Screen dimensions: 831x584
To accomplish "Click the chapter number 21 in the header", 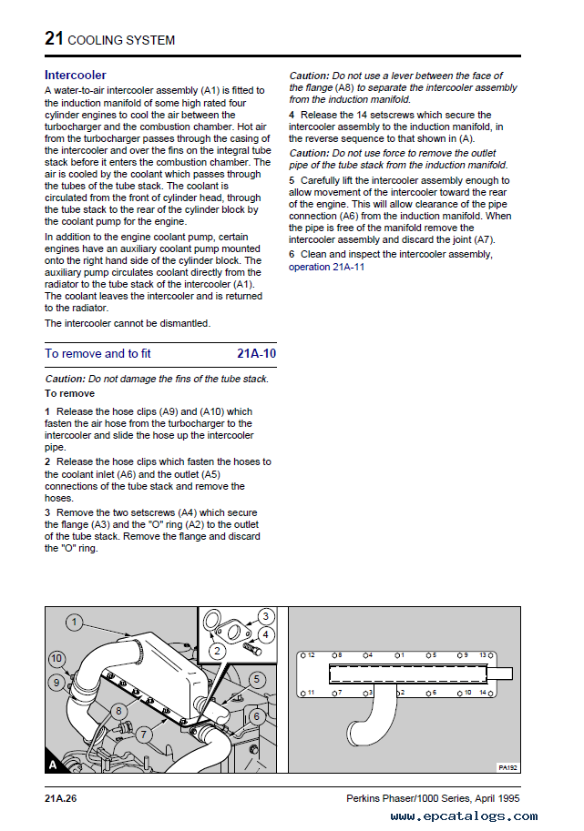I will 54,38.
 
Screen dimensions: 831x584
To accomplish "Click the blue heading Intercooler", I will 76,75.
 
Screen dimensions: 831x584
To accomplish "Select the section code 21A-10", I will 256,353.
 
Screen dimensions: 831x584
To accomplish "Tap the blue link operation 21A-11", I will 326,267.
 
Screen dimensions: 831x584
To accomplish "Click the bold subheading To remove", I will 69,393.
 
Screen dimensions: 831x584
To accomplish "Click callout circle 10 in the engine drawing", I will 56,658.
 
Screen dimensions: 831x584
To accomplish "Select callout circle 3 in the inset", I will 265,616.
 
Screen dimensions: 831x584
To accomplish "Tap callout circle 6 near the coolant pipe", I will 257,715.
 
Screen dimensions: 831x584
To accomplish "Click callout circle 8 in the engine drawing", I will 118,710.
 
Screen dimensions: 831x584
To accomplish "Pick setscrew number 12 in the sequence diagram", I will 310,654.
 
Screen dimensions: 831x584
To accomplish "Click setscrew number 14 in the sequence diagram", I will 484,693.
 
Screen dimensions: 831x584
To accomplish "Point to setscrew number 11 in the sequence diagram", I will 310,693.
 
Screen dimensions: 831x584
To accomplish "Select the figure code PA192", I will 507,766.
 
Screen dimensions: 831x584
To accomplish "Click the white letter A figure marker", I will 53,765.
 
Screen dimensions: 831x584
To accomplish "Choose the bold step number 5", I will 292,180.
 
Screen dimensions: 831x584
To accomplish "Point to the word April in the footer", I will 485,798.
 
